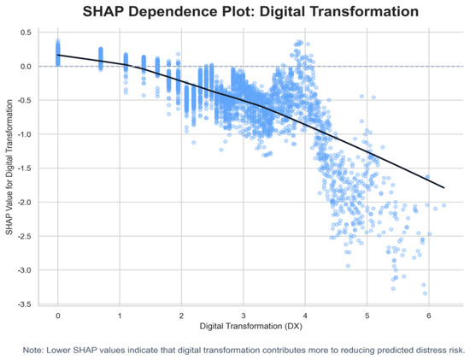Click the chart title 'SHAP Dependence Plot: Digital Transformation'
(x=250, y=12)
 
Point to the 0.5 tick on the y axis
(x=26, y=32)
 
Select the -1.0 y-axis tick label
(x=25, y=134)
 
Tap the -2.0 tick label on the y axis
(x=25, y=203)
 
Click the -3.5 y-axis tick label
(x=25, y=304)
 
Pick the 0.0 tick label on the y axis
(x=26, y=67)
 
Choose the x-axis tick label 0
(x=58, y=316)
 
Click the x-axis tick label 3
(x=244, y=316)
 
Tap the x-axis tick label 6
(x=429, y=316)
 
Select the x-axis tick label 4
(x=305, y=316)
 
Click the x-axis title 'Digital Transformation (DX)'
(x=251, y=326)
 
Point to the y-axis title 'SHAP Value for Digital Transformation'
(x=9, y=167)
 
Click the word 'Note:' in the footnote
(x=33, y=350)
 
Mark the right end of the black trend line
(x=444, y=188)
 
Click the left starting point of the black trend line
(x=58, y=55)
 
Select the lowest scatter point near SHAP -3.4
(x=425, y=293)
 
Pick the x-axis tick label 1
(x=120, y=316)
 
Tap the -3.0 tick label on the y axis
(x=25, y=270)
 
